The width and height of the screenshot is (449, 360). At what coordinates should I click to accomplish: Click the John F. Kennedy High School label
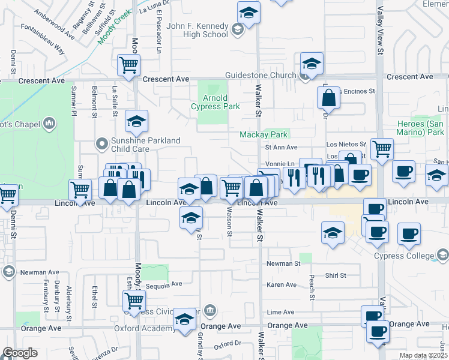tap(197, 30)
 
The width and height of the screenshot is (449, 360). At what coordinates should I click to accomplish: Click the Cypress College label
tap(412, 256)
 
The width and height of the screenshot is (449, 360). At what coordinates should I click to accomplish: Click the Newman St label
tap(283, 263)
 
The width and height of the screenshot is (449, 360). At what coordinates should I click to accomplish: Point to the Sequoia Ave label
tap(164, 284)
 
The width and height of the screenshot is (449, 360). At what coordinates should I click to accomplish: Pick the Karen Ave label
tap(282, 284)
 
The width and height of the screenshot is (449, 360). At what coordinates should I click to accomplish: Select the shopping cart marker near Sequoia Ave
tap(134, 299)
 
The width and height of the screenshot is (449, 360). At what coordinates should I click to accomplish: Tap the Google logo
tap(20, 353)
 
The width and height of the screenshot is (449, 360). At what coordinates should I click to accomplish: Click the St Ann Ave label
tap(282, 147)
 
